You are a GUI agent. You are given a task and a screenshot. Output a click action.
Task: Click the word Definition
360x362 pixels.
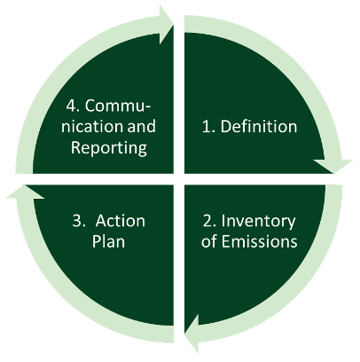(259, 126)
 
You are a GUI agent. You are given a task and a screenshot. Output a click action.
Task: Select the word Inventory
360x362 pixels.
(258, 222)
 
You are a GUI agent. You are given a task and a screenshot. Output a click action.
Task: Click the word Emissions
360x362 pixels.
(259, 241)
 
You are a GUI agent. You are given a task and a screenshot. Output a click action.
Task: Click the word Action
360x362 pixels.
(120, 221)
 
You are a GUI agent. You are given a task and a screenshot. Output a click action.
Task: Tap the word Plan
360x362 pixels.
(108, 241)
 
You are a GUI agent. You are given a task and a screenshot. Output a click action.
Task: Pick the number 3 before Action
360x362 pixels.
(78, 221)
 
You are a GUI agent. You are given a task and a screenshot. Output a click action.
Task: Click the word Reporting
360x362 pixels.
(109, 148)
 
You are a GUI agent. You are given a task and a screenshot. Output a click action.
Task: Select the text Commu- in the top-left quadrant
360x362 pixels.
(118, 106)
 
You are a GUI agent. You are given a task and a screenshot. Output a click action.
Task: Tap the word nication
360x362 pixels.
(92, 127)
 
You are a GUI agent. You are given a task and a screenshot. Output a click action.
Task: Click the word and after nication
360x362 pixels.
(141, 126)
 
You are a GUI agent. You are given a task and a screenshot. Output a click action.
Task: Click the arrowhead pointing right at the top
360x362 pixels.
(166, 24)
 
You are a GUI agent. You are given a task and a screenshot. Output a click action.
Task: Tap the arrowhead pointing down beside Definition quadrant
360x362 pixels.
(334, 166)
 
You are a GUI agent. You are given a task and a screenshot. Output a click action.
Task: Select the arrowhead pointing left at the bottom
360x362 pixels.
(192, 334)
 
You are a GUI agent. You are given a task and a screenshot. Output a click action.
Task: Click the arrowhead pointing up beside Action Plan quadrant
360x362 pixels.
(25, 193)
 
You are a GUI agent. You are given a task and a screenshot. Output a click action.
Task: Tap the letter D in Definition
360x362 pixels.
(225, 127)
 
